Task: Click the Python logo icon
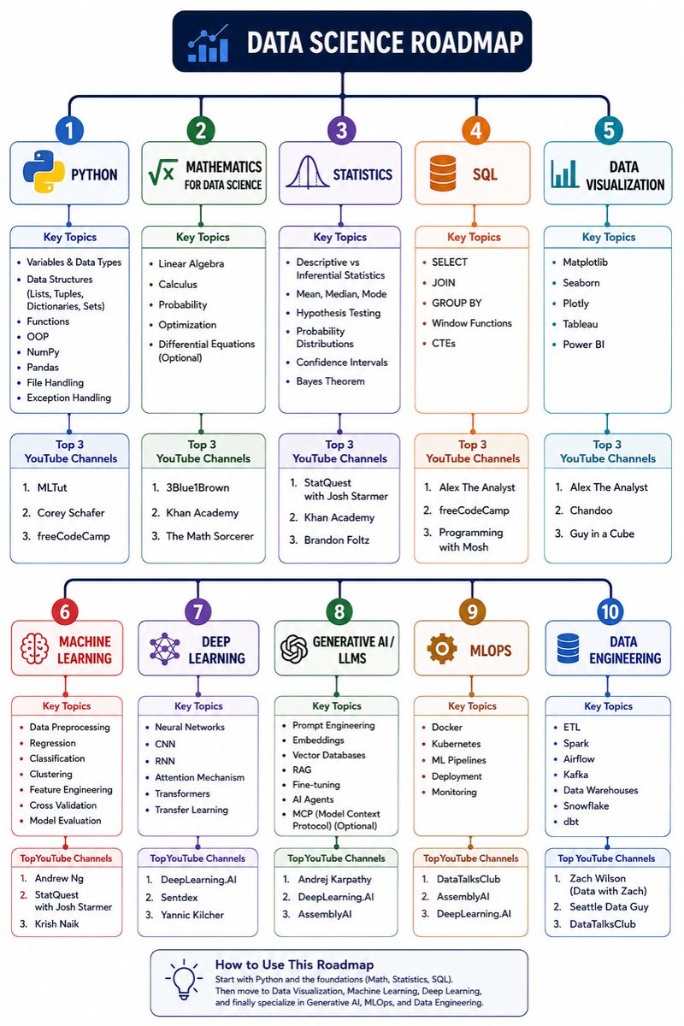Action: (44, 172)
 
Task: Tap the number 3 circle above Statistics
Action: (341, 130)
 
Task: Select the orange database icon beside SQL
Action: (443, 173)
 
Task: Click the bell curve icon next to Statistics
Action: (308, 172)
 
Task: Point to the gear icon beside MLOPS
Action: (442, 648)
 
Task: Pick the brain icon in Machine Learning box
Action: (34, 648)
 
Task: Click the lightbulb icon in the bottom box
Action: (184, 979)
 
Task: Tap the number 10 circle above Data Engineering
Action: (610, 611)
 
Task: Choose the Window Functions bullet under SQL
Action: (471, 323)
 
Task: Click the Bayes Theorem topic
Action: (330, 381)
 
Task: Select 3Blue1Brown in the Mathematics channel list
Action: (198, 487)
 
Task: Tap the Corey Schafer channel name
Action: (71, 512)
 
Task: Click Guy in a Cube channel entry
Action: (602, 534)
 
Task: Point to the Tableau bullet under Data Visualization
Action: (580, 324)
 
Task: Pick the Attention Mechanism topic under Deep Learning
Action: (199, 777)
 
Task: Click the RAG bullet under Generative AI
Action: (302, 769)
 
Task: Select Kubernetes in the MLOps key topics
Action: (456, 743)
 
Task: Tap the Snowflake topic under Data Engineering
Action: (586, 805)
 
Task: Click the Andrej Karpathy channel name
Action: (334, 879)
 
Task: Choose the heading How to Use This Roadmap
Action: (295, 964)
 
